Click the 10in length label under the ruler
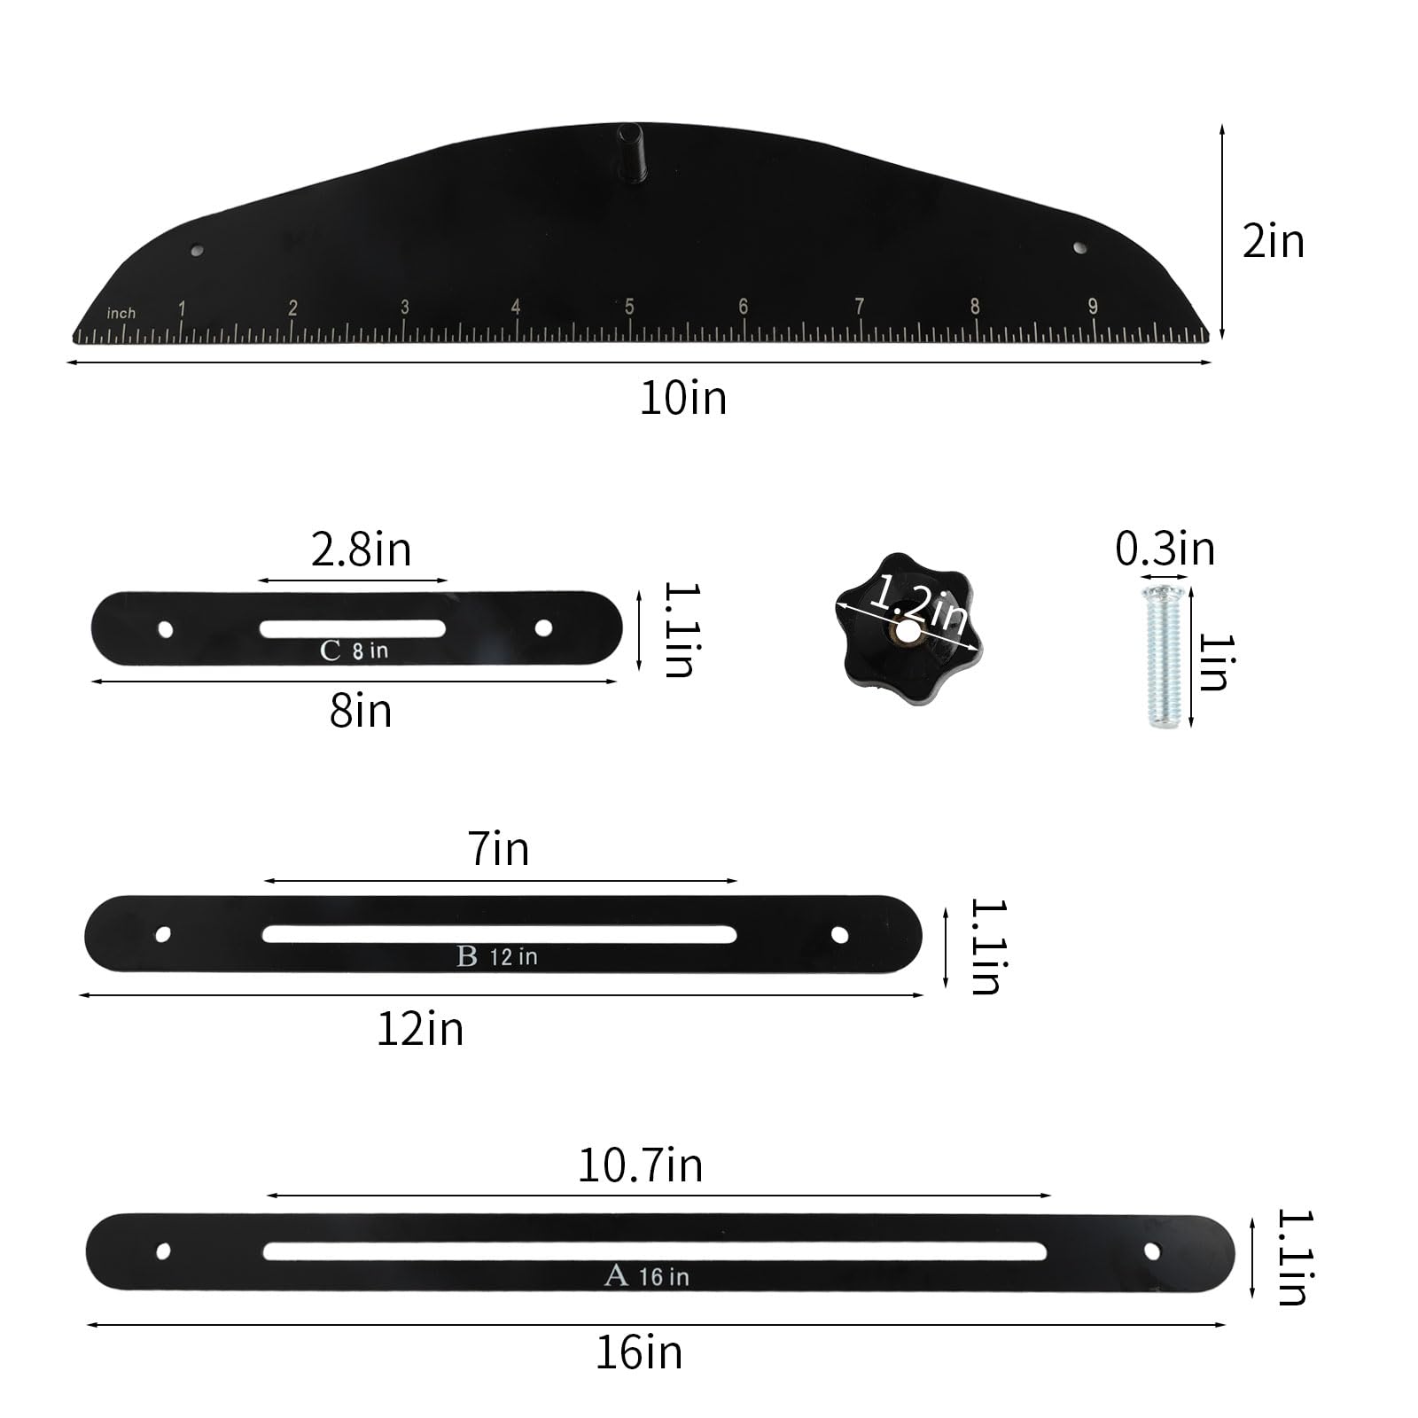(x=683, y=398)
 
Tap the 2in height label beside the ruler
(x=1273, y=242)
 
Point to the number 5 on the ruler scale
(x=628, y=308)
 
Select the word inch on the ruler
(x=121, y=313)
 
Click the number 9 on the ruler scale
(x=1093, y=306)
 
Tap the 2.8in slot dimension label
(x=361, y=549)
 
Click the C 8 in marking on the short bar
(x=354, y=651)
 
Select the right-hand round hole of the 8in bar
(x=543, y=627)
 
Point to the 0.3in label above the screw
(x=1165, y=549)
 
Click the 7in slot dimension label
(x=499, y=849)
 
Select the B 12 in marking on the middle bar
(x=496, y=956)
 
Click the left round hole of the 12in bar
(x=163, y=934)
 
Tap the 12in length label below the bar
(x=420, y=1029)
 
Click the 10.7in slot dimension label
(x=640, y=1165)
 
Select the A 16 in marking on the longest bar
(x=646, y=1276)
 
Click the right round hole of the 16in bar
(x=1151, y=1250)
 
